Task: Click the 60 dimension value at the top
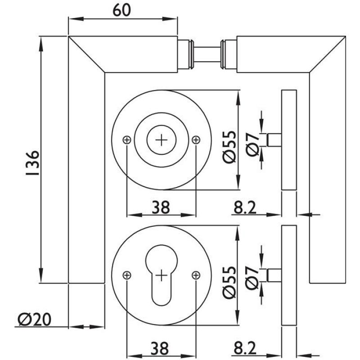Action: tap(122, 10)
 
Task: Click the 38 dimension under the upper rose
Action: tap(161, 207)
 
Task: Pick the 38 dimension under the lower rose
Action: tap(161, 348)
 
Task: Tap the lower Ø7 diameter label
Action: tap(253, 275)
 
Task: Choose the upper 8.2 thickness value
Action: tap(245, 207)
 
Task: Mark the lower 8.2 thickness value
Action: tap(245, 348)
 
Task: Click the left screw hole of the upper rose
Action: tap(127, 140)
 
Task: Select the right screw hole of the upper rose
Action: tap(195, 140)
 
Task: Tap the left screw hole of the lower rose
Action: tap(127, 274)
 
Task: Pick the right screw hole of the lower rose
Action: tap(195, 274)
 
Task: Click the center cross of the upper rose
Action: tap(161, 140)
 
